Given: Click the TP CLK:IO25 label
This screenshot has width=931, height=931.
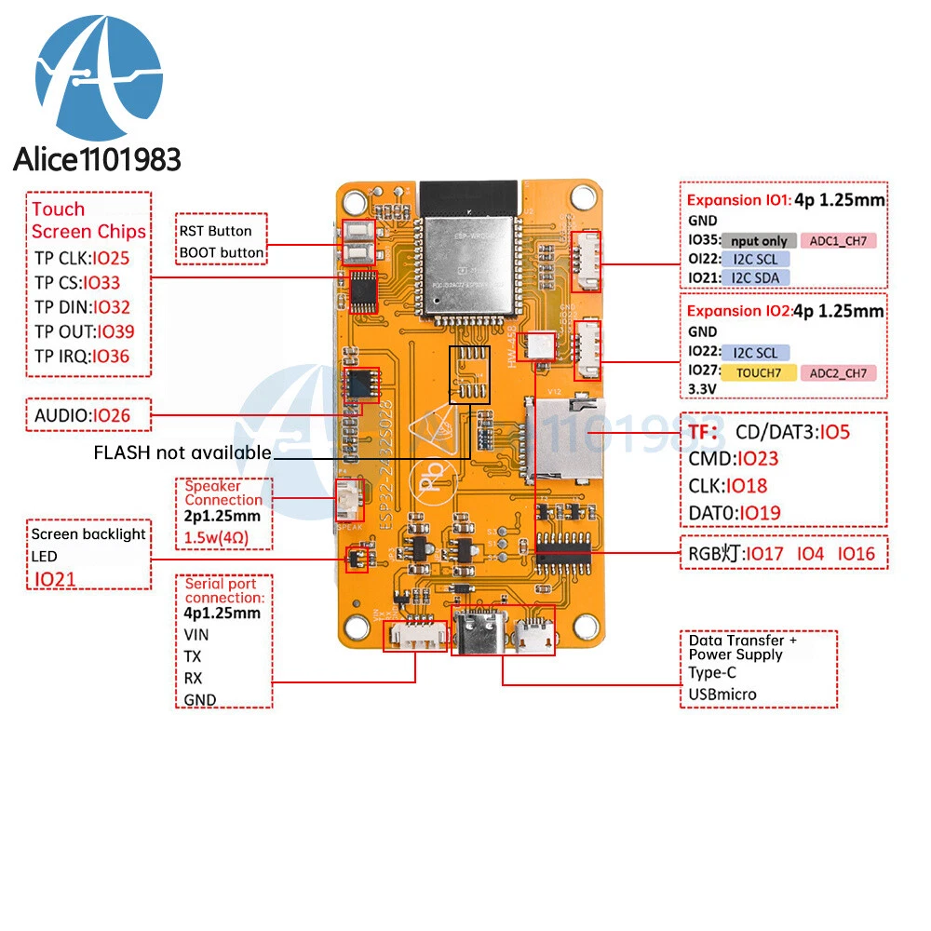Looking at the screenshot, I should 82,258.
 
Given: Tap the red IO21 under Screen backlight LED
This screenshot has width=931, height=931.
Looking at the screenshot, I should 57,579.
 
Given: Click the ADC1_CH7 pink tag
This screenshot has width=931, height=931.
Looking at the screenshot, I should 837,241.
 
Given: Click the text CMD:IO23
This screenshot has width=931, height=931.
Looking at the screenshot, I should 734,458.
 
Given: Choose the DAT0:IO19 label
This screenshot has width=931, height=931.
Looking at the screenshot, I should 735,512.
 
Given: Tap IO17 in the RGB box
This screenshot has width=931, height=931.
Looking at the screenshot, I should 766,554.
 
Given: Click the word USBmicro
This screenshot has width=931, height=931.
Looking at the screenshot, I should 722,694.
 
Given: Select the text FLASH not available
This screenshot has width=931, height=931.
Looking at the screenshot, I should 182,452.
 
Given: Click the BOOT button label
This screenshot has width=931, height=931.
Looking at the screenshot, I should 222,252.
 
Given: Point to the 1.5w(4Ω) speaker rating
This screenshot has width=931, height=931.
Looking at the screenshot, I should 216,538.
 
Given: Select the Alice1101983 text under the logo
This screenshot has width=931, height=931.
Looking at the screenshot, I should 97,159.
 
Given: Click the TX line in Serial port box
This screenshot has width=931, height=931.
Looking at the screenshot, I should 193,656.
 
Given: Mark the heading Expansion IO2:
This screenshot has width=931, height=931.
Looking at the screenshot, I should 737,311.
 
